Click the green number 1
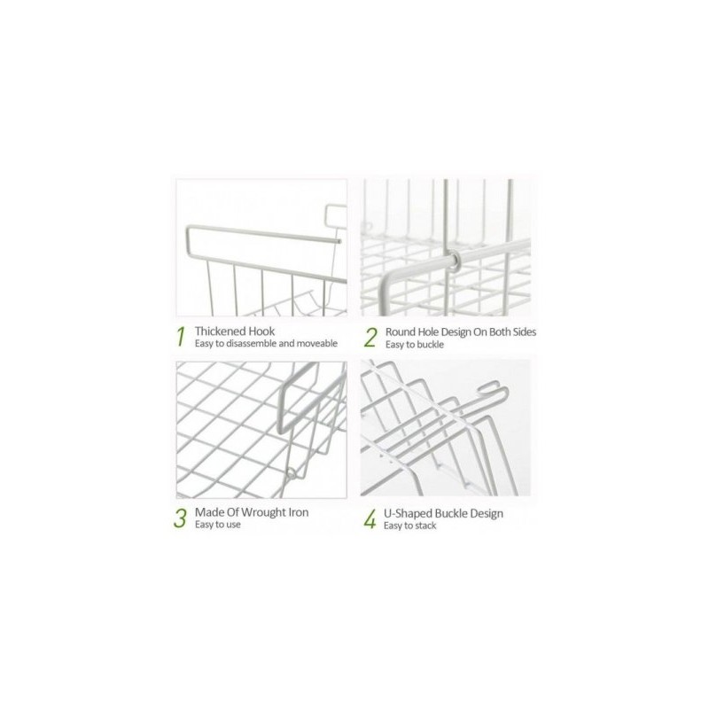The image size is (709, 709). [181, 337]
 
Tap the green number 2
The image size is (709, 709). [370, 338]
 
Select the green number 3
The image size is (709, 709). [180, 518]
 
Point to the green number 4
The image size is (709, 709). [370, 519]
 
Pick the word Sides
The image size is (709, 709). [525, 331]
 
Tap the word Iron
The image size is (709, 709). [298, 512]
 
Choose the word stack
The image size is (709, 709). [426, 526]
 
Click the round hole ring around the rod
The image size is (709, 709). [455, 261]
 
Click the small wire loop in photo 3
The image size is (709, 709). [292, 474]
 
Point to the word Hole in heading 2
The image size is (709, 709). [428, 331]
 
